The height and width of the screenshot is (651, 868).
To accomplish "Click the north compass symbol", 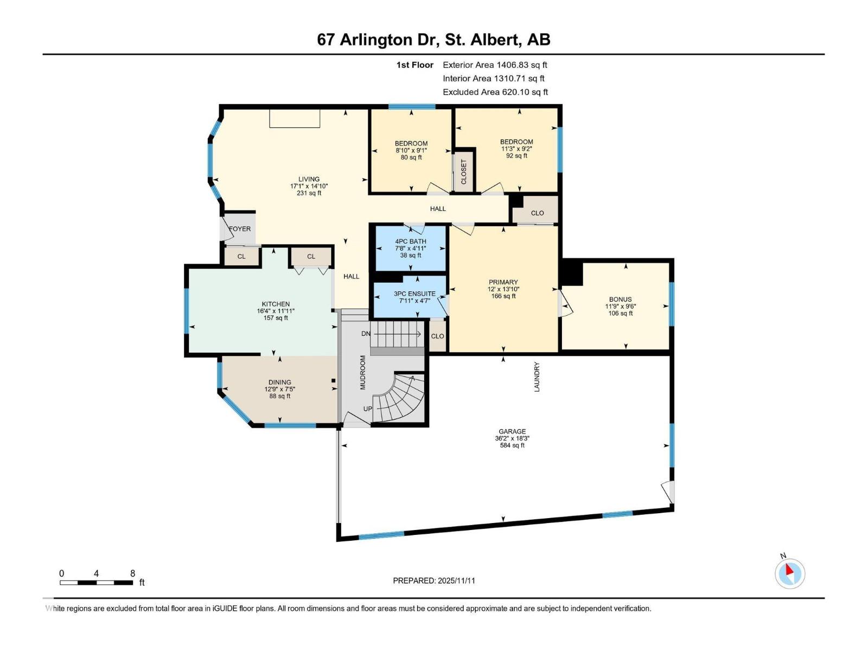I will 790,573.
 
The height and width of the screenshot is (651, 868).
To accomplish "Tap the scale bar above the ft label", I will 97,583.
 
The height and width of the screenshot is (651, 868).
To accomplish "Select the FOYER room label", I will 240,229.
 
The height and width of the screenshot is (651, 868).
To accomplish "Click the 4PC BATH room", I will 411,248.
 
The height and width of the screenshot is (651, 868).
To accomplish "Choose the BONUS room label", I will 620,299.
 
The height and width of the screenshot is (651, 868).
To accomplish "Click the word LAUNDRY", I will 537,377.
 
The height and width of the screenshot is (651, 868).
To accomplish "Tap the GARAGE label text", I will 512,432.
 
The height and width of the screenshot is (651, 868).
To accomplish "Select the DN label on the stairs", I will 366,334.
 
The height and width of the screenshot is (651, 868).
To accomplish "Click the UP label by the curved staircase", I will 368,409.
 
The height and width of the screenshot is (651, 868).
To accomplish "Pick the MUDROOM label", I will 363,372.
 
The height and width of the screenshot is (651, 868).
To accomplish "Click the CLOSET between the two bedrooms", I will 464,171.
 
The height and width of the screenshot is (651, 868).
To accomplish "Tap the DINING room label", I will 280,382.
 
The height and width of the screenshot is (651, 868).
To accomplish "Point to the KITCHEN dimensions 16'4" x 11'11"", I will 276,311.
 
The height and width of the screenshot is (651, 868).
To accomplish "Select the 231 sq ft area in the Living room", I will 309,193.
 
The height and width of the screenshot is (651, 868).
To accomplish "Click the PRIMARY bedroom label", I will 503,282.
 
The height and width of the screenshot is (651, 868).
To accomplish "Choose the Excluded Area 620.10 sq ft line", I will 495,92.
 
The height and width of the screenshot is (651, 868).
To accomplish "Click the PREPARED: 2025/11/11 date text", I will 434,580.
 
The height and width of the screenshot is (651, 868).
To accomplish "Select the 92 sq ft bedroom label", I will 516,156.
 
